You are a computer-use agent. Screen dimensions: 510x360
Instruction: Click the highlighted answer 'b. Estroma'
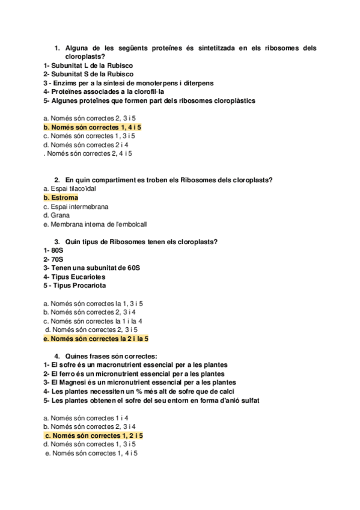(x=61, y=197)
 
